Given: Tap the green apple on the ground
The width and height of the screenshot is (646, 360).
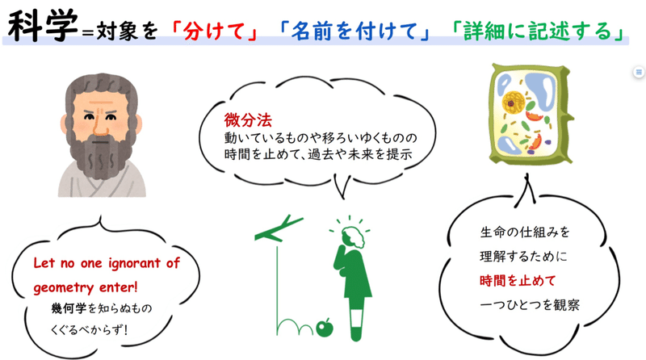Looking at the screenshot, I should [x=326, y=326].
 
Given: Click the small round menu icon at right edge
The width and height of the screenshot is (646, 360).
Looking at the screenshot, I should [x=639, y=72].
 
